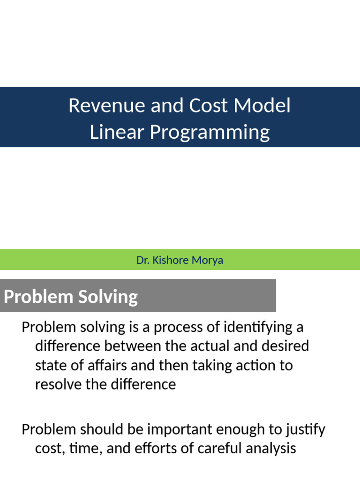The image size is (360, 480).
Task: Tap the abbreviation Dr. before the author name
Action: (x=142, y=260)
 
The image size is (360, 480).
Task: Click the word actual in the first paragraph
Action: (x=210, y=346)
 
